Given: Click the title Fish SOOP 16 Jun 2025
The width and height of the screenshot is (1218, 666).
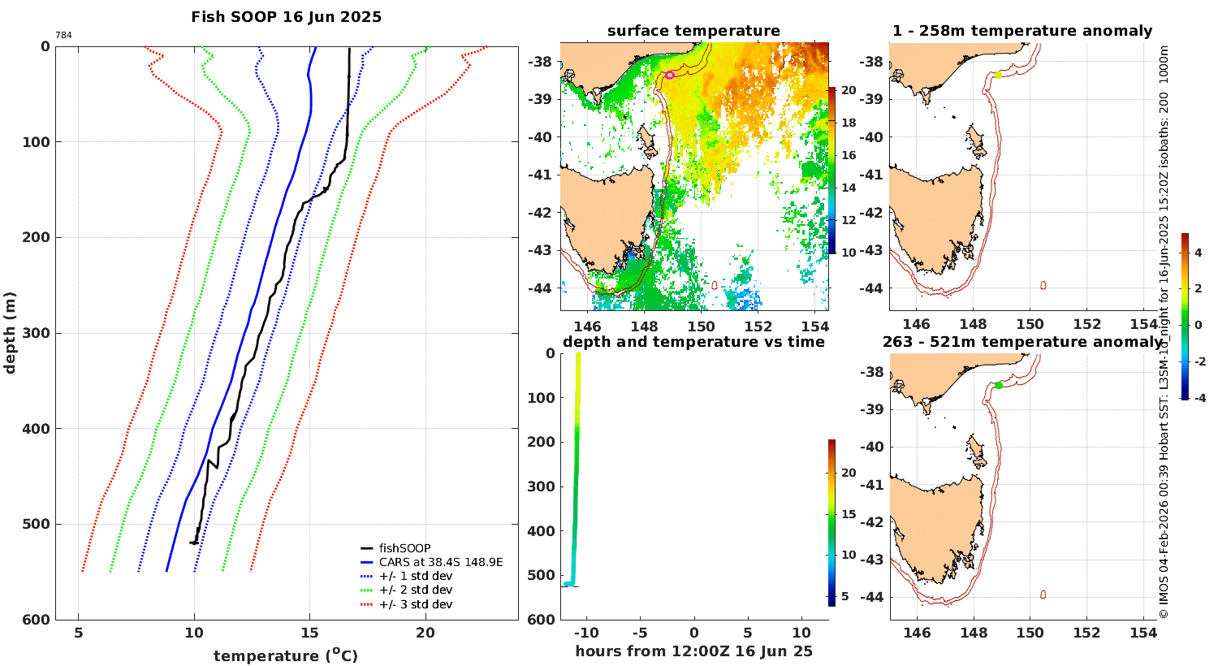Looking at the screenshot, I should tap(286, 17).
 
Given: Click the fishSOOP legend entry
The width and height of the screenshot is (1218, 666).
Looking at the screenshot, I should tap(404, 548).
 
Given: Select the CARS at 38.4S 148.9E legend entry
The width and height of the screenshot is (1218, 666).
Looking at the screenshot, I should tap(441, 562).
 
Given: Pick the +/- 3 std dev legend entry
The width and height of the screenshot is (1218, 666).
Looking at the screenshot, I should tap(415, 604).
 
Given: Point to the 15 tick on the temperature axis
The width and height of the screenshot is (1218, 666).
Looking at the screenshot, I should tap(309, 634).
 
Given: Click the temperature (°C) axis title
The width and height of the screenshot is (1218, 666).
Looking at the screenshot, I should tap(285, 655).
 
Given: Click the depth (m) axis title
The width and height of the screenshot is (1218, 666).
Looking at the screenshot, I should tap(10, 332).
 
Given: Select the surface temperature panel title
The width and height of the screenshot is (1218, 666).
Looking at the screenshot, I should tap(693, 31).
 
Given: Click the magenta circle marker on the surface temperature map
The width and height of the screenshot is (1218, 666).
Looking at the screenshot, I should tap(670, 75).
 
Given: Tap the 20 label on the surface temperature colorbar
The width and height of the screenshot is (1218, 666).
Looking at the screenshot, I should tap(849, 90).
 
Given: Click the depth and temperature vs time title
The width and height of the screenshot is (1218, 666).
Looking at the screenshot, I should tap(693, 342).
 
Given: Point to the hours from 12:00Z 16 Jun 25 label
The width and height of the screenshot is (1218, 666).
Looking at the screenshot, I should tap(693, 651).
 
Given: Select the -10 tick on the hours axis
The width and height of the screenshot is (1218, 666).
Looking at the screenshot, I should tap(586, 633).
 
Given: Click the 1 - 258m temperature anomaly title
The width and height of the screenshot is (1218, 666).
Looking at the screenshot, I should tap(1021, 31).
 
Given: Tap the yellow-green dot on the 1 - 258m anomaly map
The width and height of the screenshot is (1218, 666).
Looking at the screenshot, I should tap(998, 75).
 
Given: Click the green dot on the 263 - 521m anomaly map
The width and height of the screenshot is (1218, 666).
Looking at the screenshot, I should tap(998, 385).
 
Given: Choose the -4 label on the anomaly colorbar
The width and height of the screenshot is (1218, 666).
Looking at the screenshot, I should tap(1198, 397).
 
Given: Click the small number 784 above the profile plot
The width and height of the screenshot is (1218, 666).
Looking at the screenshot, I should tap(63, 35).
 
